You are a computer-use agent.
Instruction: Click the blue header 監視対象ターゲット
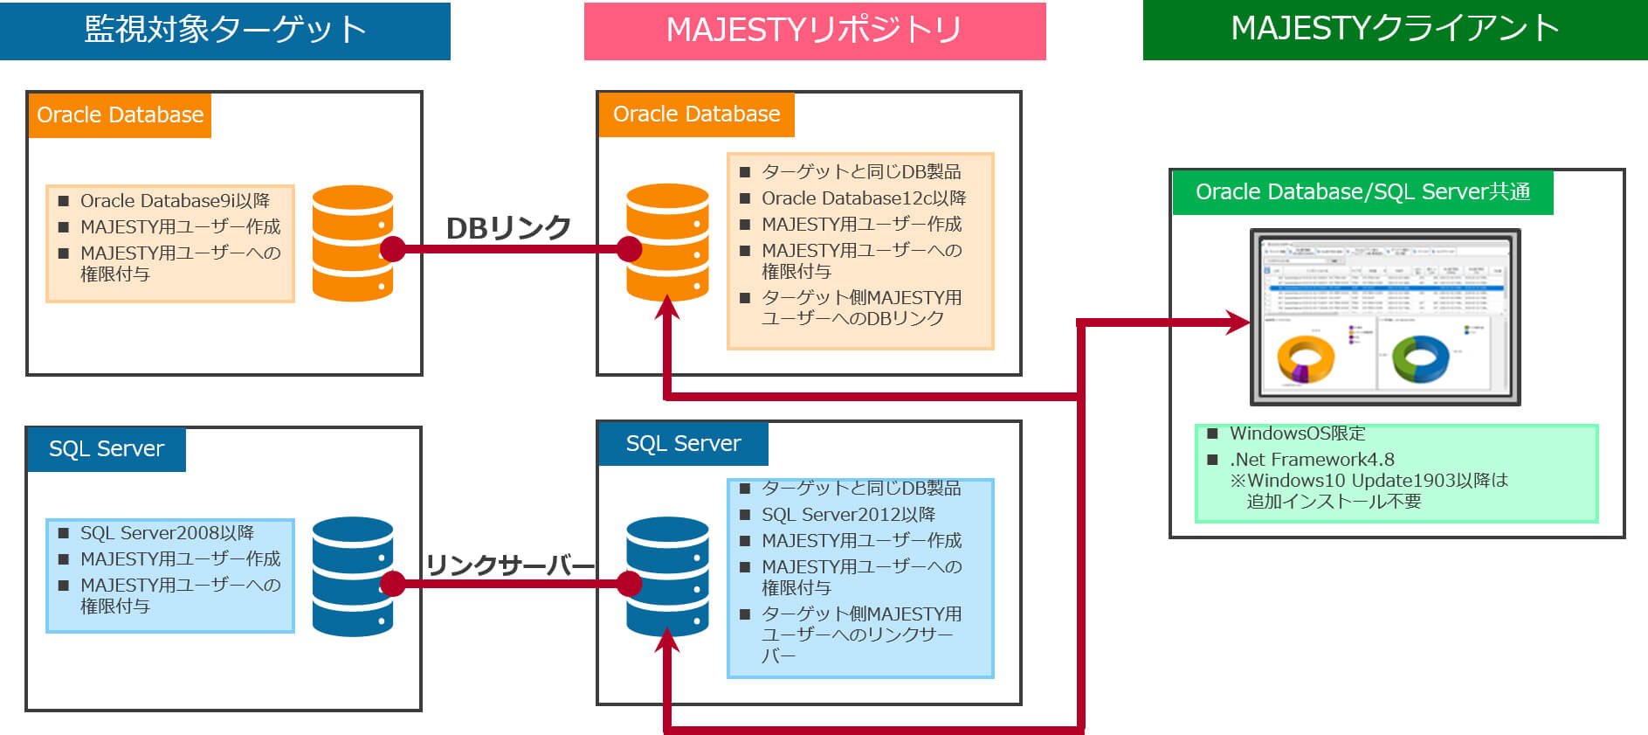point(224,31)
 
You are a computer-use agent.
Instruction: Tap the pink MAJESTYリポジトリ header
point(814,31)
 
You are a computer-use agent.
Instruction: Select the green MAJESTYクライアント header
point(1395,30)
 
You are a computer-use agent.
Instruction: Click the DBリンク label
point(508,228)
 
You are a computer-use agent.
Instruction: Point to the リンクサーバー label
point(510,565)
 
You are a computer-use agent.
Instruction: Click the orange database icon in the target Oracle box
point(352,243)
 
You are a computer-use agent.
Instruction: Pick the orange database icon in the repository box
point(667,242)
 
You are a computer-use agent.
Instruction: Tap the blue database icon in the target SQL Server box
point(352,576)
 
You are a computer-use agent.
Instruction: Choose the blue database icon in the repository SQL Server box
point(667,576)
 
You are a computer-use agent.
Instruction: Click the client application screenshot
point(1385,317)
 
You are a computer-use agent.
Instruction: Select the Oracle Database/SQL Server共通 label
point(1362,192)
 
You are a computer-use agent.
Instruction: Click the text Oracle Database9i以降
point(175,201)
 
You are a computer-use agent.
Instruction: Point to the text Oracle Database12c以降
point(864,198)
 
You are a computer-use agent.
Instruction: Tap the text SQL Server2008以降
point(167,533)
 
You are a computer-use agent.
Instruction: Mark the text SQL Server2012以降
point(848,515)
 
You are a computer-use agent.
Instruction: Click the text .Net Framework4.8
point(1312,460)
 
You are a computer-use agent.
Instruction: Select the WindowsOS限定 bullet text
point(1297,433)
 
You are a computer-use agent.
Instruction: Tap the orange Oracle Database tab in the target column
point(120,115)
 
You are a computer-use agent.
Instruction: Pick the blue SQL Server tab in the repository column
point(683,444)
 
